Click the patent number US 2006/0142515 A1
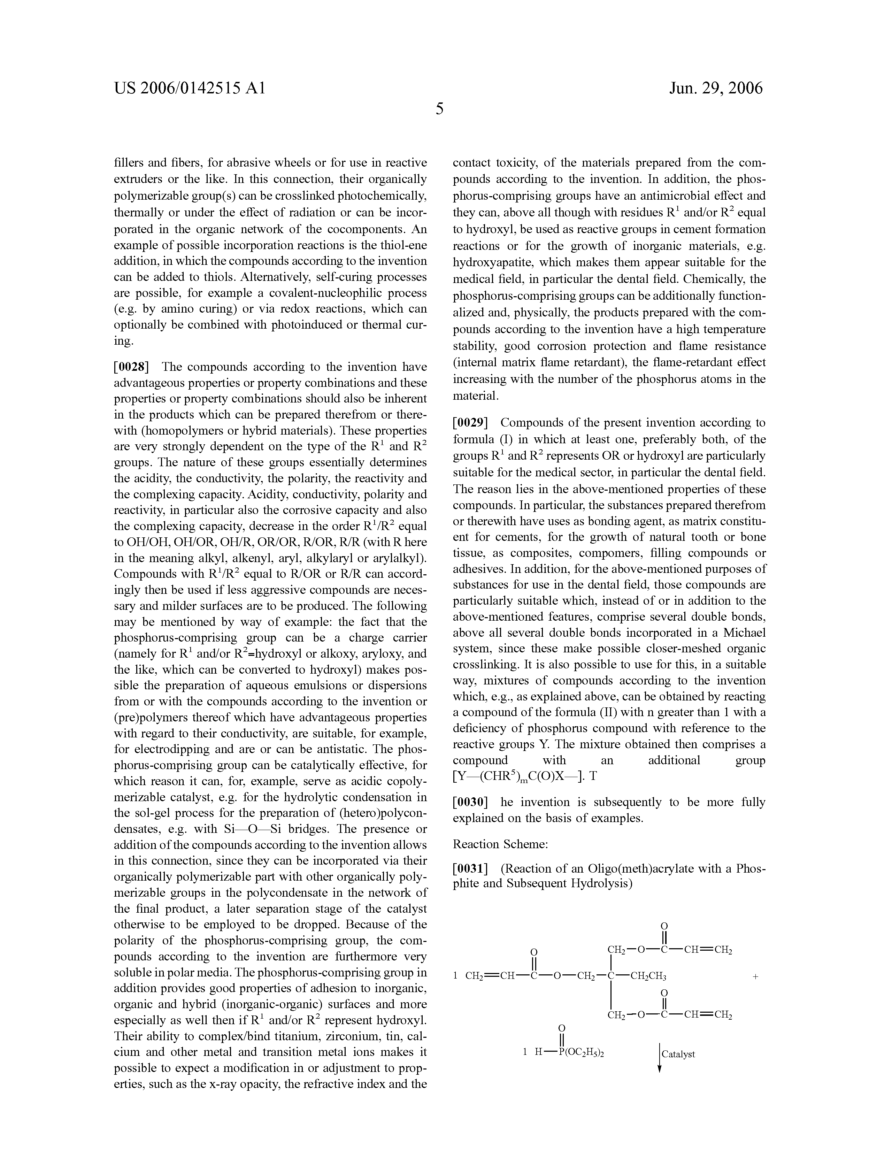pos(190,88)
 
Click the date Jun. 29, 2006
pos(716,88)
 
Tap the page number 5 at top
pos(440,109)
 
